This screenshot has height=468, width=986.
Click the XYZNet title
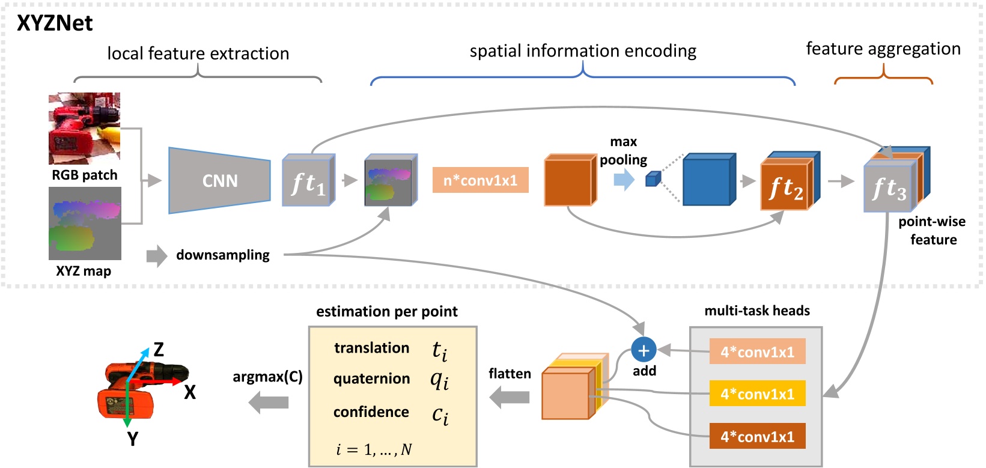[x=55, y=23]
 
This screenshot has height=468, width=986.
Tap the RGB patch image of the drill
[x=84, y=128]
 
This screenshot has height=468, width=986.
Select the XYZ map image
[x=85, y=223]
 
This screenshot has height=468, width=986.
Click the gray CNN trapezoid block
[x=220, y=180]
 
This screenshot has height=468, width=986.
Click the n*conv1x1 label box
[x=480, y=180]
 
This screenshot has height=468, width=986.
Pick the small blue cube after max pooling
[x=653, y=179]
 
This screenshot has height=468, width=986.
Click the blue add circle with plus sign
[x=644, y=350]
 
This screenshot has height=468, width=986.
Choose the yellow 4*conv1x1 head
[x=757, y=394]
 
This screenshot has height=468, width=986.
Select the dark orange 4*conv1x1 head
[x=757, y=437]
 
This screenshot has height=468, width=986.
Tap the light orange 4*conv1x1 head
[x=757, y=352]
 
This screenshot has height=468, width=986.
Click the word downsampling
[x=223, y=255]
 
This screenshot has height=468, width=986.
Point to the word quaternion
[x=371, y=379]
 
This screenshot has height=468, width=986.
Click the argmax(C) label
[x=267, y=377]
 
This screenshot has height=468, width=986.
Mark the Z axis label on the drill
[x=159, y=349]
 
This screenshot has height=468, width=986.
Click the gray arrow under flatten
[x=510, y=397]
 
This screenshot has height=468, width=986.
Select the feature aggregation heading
[x=883, y=49]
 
